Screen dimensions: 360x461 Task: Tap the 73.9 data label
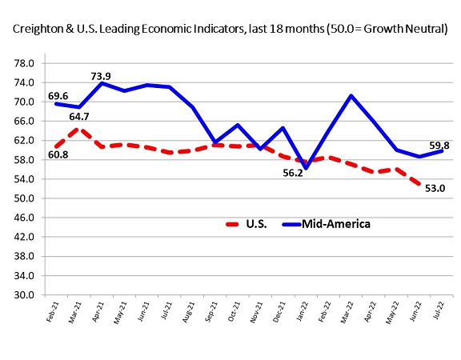[x=101, y=76]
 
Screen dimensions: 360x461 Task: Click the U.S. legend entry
[x=241, y=224]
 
